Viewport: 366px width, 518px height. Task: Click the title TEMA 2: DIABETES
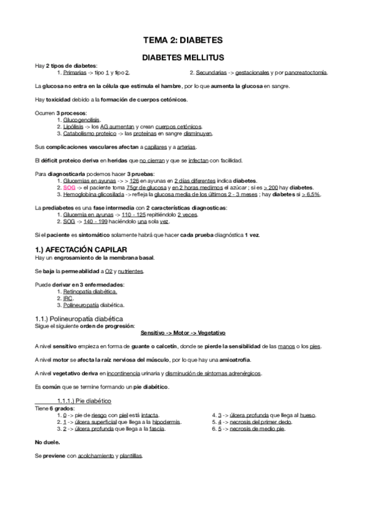182,40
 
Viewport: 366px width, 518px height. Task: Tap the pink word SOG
70,188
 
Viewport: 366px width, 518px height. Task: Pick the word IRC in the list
68,297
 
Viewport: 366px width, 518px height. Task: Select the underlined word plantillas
131,456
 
